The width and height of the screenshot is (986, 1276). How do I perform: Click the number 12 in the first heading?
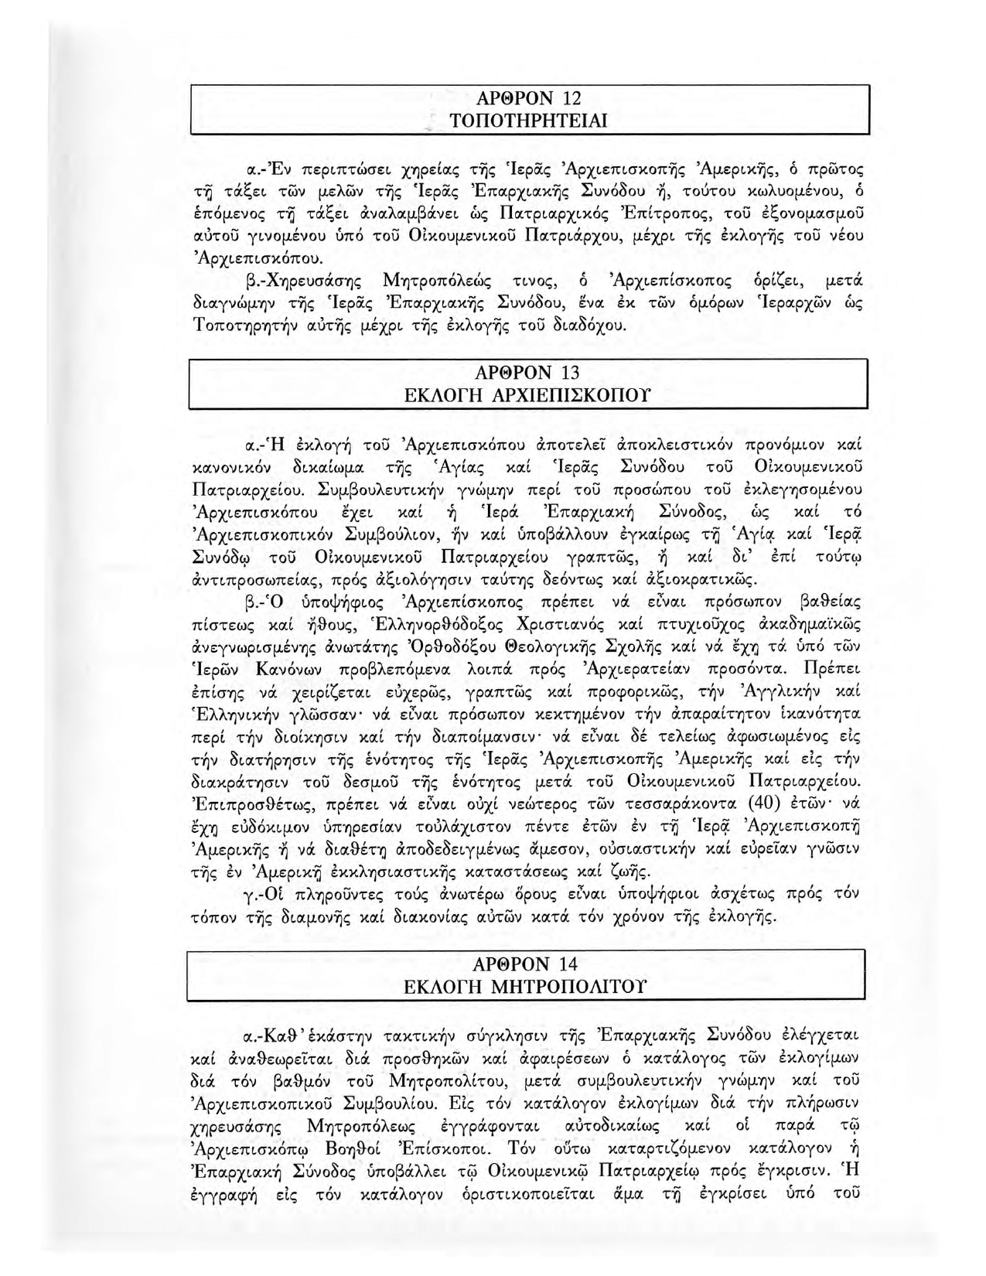click(571, 98)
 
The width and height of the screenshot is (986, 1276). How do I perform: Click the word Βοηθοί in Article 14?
click(353, 1145)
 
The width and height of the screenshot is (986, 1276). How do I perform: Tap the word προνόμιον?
click(786, 445)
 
